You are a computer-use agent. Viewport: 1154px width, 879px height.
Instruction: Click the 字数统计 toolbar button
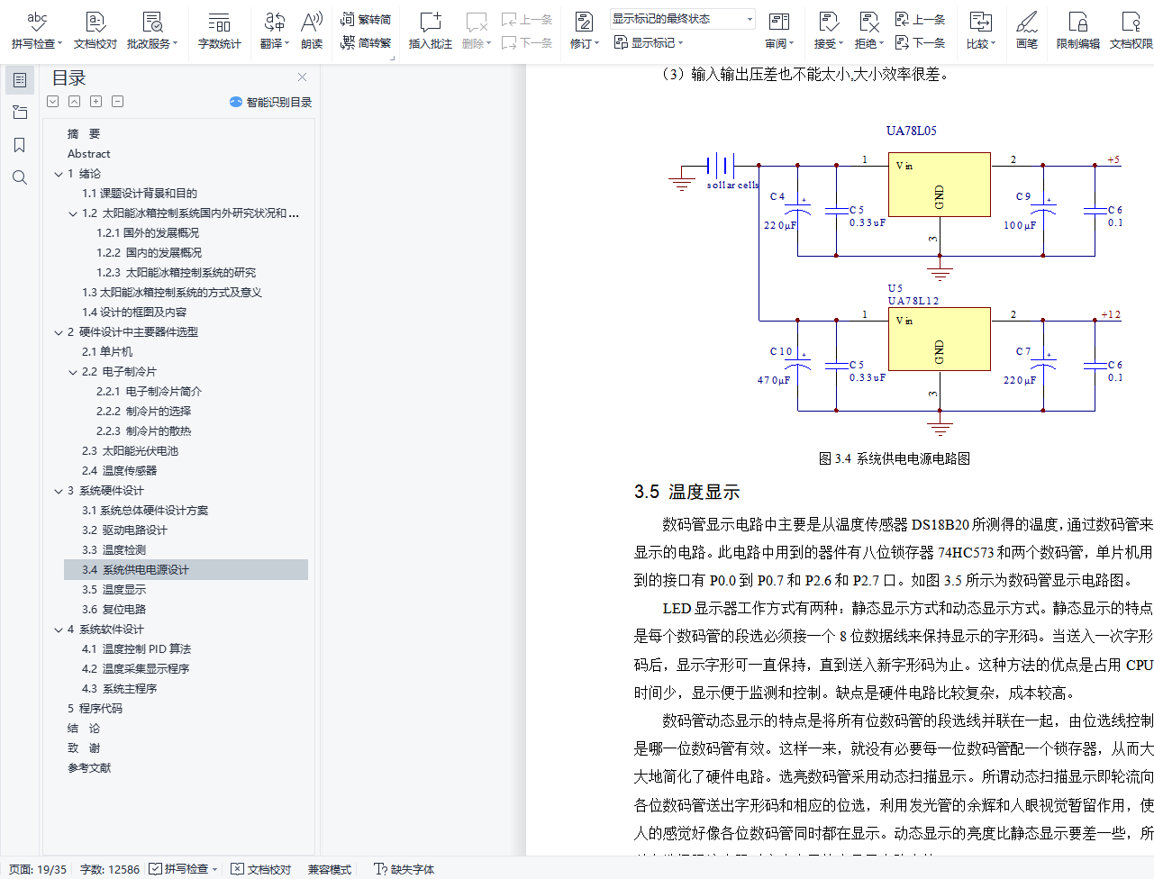[x=219, y=30]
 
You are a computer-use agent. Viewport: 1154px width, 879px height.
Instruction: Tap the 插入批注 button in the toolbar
[x=430, y=30]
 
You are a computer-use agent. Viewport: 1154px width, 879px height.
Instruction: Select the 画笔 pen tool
[x=1026, y=30]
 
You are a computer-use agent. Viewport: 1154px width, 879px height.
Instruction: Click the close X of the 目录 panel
[x=302, y=77]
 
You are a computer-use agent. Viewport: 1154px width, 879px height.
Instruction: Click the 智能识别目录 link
[x=271, y=103]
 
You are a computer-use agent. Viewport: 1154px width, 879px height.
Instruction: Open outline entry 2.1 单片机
[x=107, y=352]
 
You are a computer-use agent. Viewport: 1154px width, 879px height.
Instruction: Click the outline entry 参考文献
[x=89, y=768]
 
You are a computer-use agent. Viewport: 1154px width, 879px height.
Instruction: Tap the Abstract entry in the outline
[x=88, y=154]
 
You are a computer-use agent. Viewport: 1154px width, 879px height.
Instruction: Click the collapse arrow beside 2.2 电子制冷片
[x=73, y=372]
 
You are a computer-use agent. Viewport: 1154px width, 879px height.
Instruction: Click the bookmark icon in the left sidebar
[x=20, y=145]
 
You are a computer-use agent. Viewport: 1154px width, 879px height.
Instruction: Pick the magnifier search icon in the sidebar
[x=20, y=177]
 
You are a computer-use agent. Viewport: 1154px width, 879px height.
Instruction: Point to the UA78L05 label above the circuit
[x=911, y=131]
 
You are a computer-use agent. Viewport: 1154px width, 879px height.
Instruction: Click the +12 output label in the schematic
[x=1111, y=315]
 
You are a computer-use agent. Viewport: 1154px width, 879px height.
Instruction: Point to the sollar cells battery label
[x=732, y=185]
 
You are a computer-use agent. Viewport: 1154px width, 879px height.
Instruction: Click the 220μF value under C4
[x=780, y=225]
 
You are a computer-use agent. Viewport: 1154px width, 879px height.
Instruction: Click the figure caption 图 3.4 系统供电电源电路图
[x=894, y=458]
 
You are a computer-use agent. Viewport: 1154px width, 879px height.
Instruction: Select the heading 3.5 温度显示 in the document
[x=686, y=492]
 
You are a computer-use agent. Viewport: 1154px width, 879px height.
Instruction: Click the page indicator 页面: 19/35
[x=38, y=869]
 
